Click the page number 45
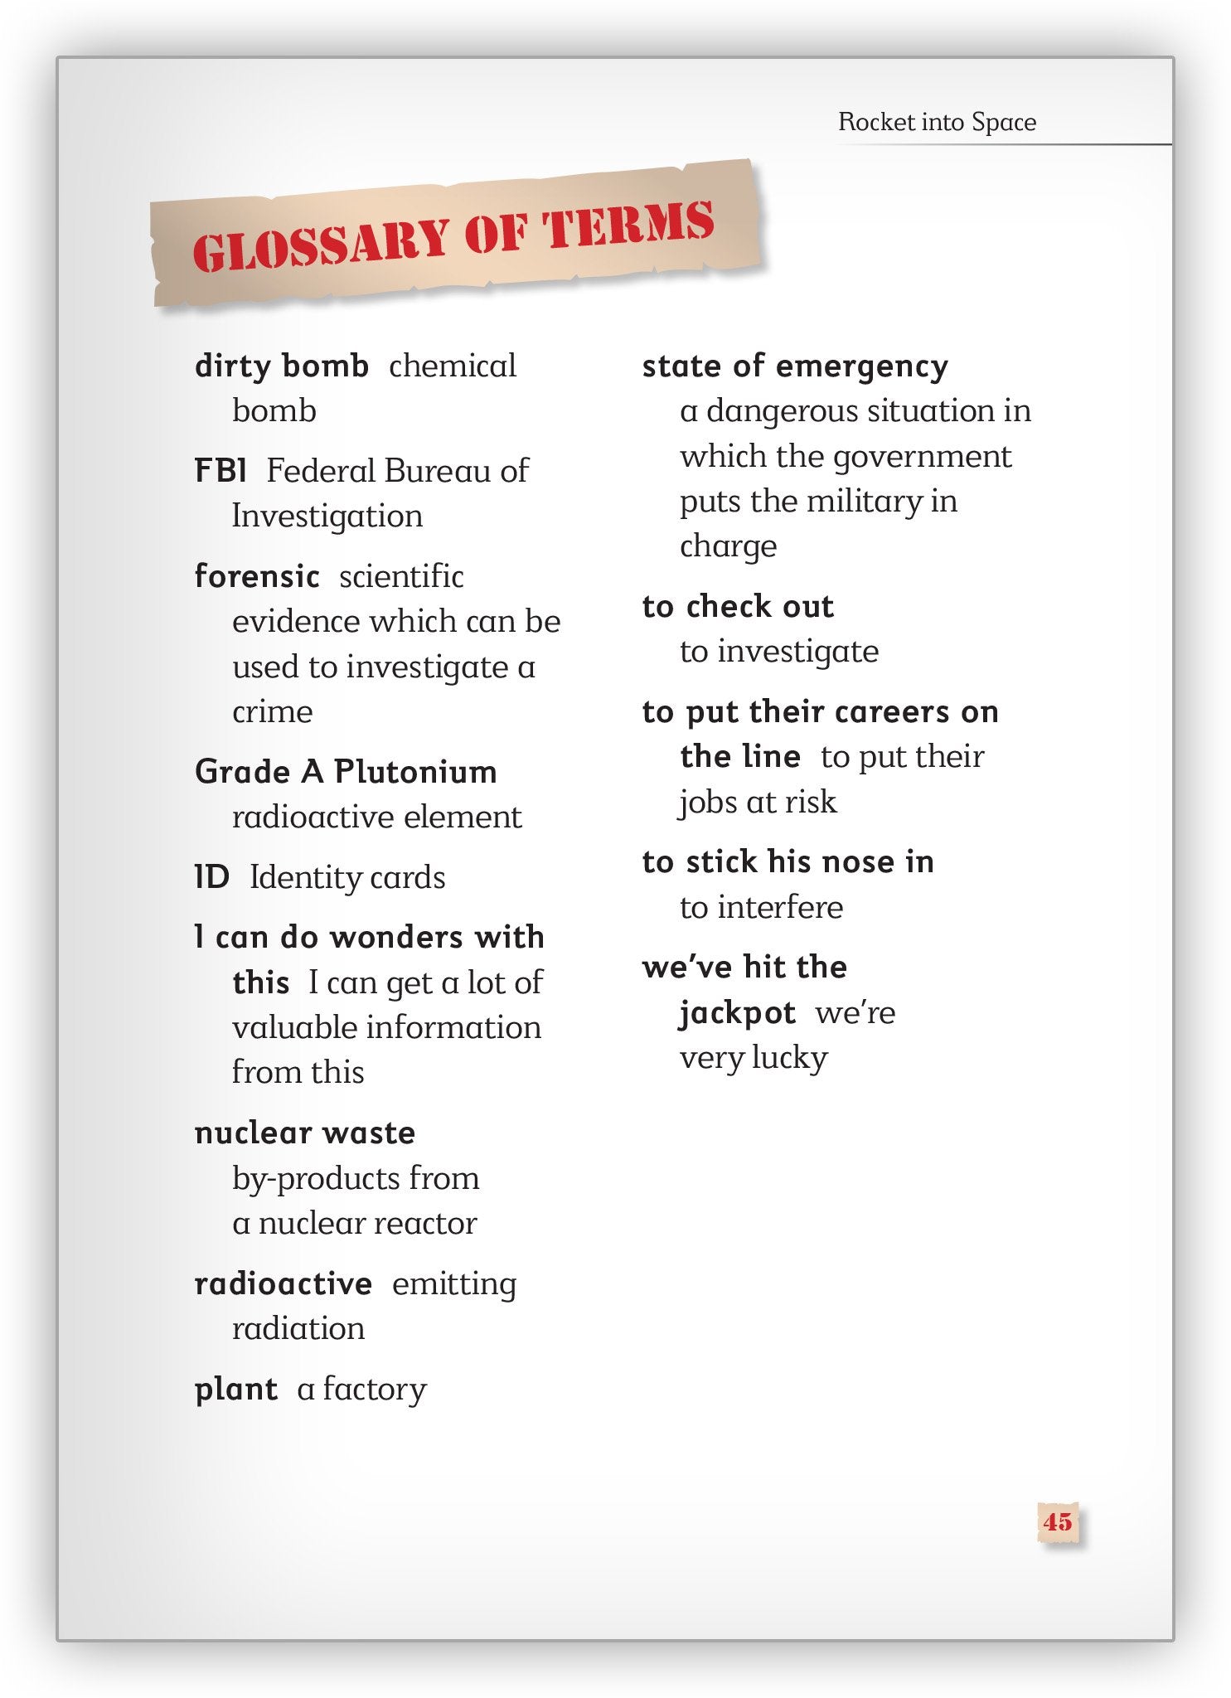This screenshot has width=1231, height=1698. (x=1058, y=1521)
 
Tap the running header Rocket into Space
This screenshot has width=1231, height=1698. (x=937, y=122)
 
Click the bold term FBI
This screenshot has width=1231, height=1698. (x=221, y=471)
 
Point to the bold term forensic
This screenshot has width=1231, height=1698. (x=257, y=576)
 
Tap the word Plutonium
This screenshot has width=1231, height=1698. (x=415, y=772)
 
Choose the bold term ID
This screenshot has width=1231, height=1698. (x=212, y=877)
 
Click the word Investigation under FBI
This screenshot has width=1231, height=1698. (x=327, y=516)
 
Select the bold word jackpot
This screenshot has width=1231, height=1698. (x=737, y=1012)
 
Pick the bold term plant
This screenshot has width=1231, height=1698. (x=236, y=1389)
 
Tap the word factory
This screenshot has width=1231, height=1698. (x=375, y=1389)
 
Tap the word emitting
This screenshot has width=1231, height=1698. (x=454, y=1283)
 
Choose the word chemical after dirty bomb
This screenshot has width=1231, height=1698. (x=453, y=366)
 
